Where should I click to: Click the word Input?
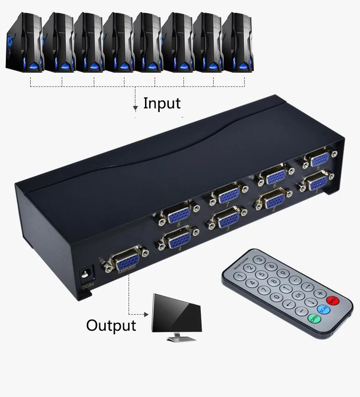pos(162,103)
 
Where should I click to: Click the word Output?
pos(111,325)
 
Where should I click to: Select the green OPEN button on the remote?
pos(314,318)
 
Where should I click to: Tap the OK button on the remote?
pos(299,295)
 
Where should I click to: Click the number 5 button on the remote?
pos(261,275)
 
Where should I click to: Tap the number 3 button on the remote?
pos(259,259)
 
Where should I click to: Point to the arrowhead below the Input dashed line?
pos(135,108)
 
